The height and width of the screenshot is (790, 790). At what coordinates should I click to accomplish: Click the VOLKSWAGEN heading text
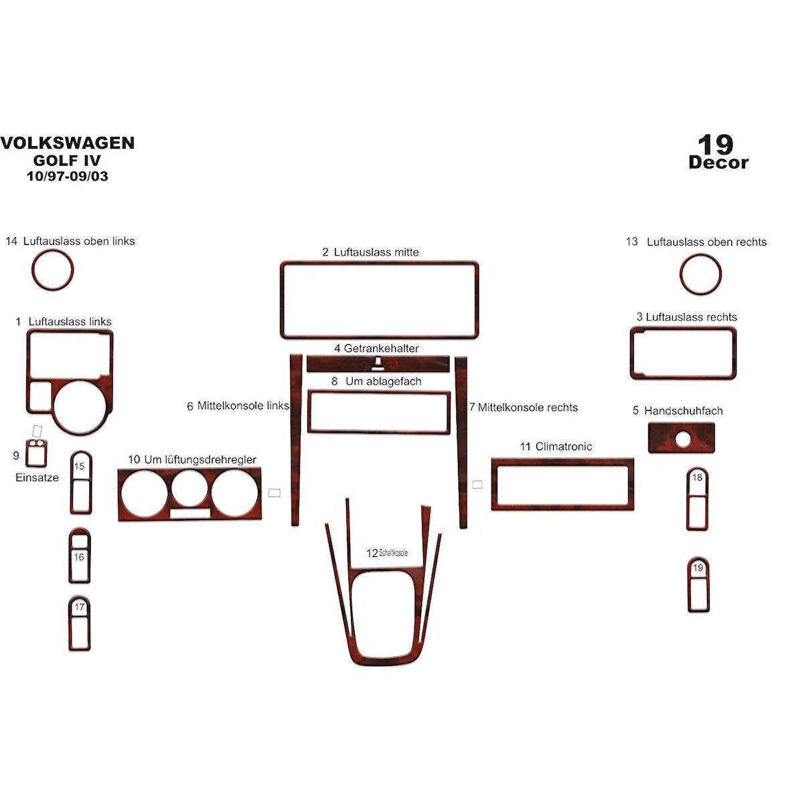point(67,143)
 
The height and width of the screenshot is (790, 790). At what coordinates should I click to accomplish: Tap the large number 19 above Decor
point(716,144)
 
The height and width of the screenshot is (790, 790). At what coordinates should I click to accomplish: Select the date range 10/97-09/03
point(67,177)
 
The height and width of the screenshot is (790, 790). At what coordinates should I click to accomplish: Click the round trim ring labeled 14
point(52,270)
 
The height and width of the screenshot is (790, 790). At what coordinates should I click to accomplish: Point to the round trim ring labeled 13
point(700,274)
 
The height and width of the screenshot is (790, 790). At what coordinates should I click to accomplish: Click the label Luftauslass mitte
point(376,252)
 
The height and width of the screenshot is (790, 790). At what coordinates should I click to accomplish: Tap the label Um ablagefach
point(383,382)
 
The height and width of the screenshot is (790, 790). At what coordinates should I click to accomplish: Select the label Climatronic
point(563,447)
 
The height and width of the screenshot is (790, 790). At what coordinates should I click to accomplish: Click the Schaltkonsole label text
point(393,553)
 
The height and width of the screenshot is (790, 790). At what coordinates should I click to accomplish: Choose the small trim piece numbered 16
point(79,556)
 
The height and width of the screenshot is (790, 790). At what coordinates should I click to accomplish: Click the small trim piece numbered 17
point(79,623)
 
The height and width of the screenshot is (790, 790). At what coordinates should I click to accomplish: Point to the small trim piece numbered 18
point(697,499)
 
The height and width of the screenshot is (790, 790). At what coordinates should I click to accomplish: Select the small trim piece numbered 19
point(698,584)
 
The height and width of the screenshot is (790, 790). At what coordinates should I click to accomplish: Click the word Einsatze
point(37,478)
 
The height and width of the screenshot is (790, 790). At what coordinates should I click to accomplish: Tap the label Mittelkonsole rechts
point(528,407)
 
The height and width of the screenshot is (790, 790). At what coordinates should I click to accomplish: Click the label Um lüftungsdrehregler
point(200,460)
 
